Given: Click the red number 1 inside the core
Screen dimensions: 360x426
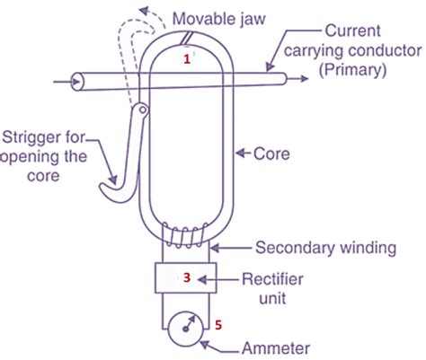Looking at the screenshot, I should pos(188,58).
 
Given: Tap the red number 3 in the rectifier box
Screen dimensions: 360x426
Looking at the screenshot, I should pos(186,277).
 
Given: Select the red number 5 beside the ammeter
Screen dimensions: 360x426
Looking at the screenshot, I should pos(217,320).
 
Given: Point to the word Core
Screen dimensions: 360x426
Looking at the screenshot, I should pos(270,154).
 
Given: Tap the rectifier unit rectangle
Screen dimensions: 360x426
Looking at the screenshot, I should pos(187,278).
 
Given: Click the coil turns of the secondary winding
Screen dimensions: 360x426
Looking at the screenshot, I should pos(186,235).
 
